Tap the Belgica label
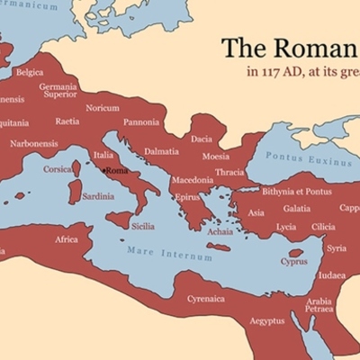click(x=29, y=72)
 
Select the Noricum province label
click(x=102, y=108)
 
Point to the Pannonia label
click(x=141, y=121)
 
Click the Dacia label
click(x=202, y=139)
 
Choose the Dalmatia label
click(x=161, y=151)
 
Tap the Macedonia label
click(x=193, y=180)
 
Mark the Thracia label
click(x=229, y=172)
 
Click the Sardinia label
click(x=98, y=195)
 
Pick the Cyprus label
click(x=293, y=262)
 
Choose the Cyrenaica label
click(x=206, y=298)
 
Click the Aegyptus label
click(x=266, y=320)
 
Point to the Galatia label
click(x=296, y=209)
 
